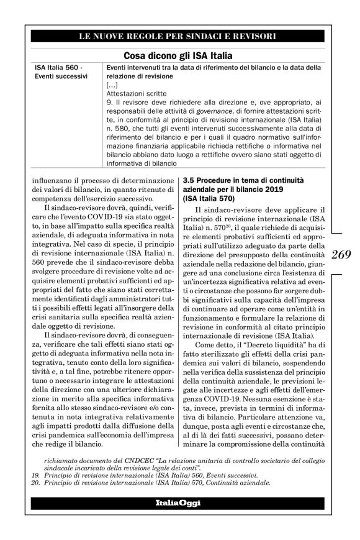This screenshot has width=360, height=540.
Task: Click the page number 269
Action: tap(341, 254)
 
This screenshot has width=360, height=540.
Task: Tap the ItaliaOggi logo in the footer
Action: tap(179, 501)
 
